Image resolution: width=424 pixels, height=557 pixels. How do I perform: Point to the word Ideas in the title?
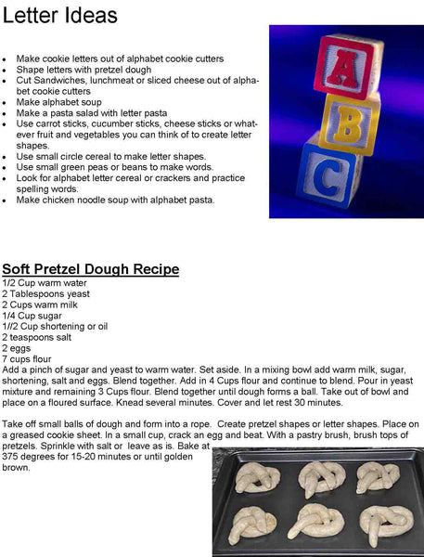[92, 16]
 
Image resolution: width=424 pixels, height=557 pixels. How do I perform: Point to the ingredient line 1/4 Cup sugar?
[30, 316]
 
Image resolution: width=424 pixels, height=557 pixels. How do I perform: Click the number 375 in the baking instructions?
[11, 458]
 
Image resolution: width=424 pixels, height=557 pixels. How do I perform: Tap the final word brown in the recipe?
[16, 468]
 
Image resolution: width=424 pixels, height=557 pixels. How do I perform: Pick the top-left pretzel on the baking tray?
[256, 478]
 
